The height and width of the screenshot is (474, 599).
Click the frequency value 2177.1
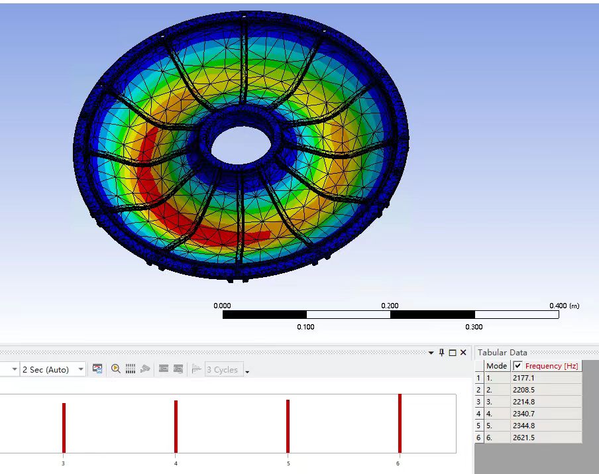pos(523,378)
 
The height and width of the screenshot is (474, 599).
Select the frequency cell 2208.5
pos(523,390)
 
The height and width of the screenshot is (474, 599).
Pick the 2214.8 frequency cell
pos(523,402)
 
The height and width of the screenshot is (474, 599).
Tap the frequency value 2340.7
pos(523,414)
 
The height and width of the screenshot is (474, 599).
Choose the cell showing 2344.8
pos(523,426)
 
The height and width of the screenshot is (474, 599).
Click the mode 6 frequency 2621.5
pos(523,438)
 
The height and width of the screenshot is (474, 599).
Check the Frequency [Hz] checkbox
pos(517,366)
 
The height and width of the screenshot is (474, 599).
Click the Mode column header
pos(496,366)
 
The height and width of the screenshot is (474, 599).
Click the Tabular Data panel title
pos(502,353)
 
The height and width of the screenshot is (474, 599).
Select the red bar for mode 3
pos(64,428)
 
